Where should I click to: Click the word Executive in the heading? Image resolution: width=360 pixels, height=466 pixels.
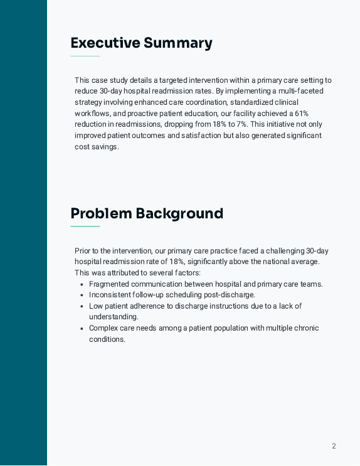click(x=105, y=43)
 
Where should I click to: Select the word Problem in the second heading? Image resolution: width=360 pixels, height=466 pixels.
click(x=101, y=213)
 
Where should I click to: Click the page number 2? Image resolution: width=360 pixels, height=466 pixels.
click(x=334, y=447)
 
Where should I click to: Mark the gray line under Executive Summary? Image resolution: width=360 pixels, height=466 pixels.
click(x=85, y=56)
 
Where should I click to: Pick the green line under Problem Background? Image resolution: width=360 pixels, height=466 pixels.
click(x=85, y=226)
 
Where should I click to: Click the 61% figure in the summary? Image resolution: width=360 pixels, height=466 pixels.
click(x=302, y=114)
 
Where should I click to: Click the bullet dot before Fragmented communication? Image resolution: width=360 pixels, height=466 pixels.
click(x=82, y=284)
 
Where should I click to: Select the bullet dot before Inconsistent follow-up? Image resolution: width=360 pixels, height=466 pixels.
click(x=82, y=295)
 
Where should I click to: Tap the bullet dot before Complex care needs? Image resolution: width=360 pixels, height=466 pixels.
click(x=82, y=328)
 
